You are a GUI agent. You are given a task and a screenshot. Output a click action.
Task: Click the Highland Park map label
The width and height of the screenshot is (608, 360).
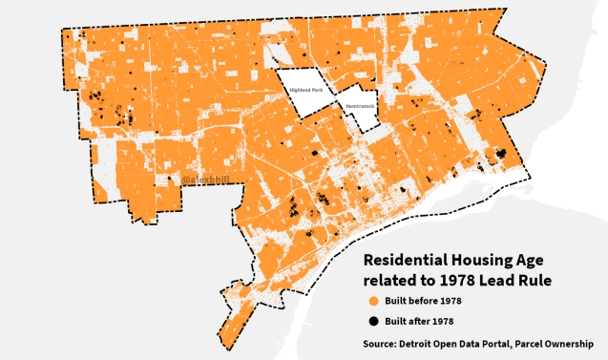coord(306,91)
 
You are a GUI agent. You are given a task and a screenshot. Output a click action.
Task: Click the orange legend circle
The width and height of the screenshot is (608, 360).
coord(373,302)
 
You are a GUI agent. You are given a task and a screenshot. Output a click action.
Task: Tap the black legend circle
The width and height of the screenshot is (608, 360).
coord(373,321)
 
